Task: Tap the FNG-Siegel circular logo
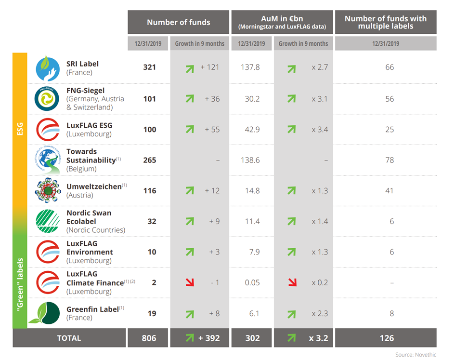click(47, 99)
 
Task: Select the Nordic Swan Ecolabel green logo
click(48, 221)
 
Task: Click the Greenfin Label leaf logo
click(45, 313)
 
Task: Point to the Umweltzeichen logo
click(48, 190)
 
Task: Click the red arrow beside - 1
click(190, 282)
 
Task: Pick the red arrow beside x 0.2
click(293, 282)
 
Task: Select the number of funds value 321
click(149, 67)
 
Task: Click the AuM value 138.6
click(250, 160)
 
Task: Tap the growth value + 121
click(210, 67)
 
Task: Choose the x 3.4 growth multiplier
click(320, 129)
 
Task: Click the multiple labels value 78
click(390, 160)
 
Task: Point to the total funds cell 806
click(149, 338)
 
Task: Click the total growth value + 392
click(209, 338)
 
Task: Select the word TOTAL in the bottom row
click(69, 338)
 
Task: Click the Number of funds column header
click(179, 22)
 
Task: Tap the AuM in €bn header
click(282, 19)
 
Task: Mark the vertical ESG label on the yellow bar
click(20, 129)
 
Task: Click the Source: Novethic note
click(416, 355)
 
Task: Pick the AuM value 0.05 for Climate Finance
click(252, 282)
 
